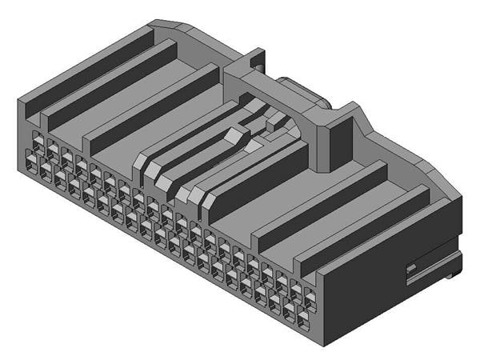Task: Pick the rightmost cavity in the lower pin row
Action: click(x=305, y=321)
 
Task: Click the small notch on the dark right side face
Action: click(x=411, y=267)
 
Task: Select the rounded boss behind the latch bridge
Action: click(x=304, y=92)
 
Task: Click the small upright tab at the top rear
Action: click(x=255, y=59)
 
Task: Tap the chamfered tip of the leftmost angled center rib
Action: click(x=141, y=168)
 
